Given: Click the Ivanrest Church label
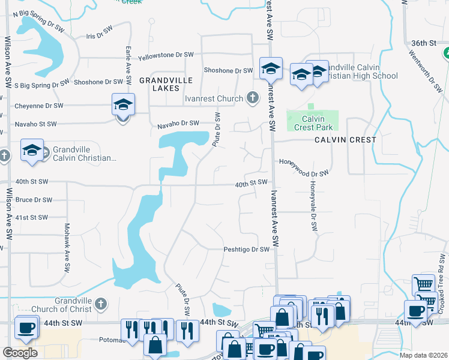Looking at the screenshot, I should pos(214,98).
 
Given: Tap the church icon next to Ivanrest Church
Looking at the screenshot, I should pos(253,98).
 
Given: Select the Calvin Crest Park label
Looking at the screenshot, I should pos(313,122).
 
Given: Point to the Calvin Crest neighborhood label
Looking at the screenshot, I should pos(345,140).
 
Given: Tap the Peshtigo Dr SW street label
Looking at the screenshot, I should pos(247,250).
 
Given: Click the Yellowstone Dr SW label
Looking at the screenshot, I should pos(166,55).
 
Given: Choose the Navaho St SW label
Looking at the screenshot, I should pos(35,124).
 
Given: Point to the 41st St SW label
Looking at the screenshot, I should pos(31,217).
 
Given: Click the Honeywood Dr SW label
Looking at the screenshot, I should pos(304,170).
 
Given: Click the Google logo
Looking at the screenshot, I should pos(20,353).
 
